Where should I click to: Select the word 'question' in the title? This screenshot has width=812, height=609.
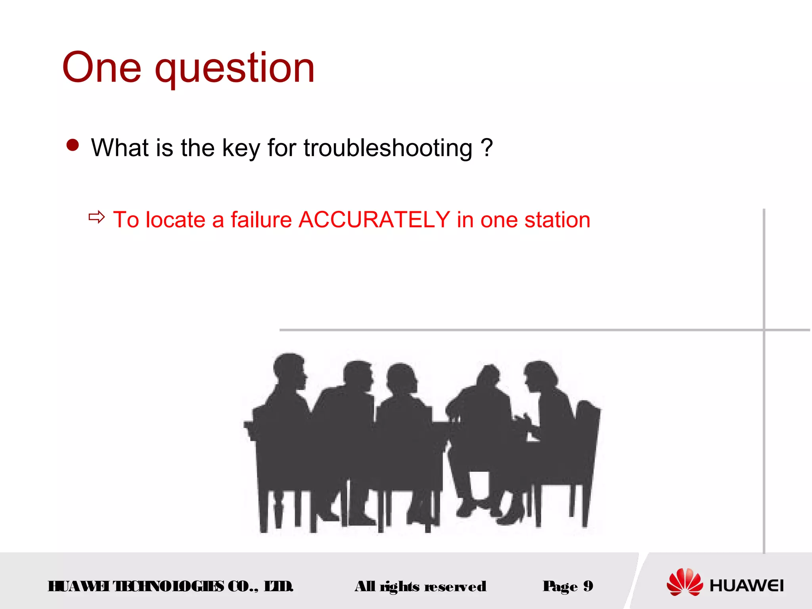point(235,69)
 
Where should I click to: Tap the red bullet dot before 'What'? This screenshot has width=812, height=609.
point(73,145)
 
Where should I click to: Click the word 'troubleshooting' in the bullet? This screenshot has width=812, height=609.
point(388,148)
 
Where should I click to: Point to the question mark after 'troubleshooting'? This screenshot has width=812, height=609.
point(486,147)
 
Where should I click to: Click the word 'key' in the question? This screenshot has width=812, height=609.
point(241,148)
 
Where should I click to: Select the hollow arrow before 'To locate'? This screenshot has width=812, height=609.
point(96,217)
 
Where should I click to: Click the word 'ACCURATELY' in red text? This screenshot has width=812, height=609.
point(374,220)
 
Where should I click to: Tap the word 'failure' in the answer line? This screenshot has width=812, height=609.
point(261,220)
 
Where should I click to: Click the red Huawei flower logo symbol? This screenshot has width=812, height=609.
point(684,582)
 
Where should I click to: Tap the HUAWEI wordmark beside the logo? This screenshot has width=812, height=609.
point(746,586)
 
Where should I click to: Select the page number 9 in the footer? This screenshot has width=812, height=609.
point(588,586)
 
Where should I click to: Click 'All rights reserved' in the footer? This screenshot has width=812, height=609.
point(420,586)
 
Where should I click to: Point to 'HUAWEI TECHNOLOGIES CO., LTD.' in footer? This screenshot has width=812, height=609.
point(170,586)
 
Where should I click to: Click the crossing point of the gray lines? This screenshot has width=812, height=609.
point(764,329)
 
